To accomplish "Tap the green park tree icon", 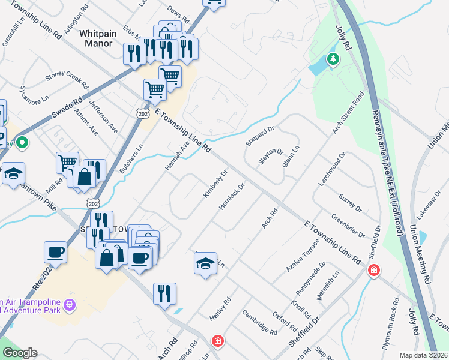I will click(332, 59).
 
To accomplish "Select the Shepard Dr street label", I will click(259, 136).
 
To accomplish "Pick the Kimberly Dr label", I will click(215, 184).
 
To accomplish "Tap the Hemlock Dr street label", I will click(232, 196).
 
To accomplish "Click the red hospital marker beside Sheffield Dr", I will click(375, 271).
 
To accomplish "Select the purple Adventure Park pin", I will click(70, 305).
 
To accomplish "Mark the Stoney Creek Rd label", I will click(67, 77).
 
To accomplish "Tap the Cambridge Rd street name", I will click(259, 323).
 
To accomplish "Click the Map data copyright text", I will click(423, 355).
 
